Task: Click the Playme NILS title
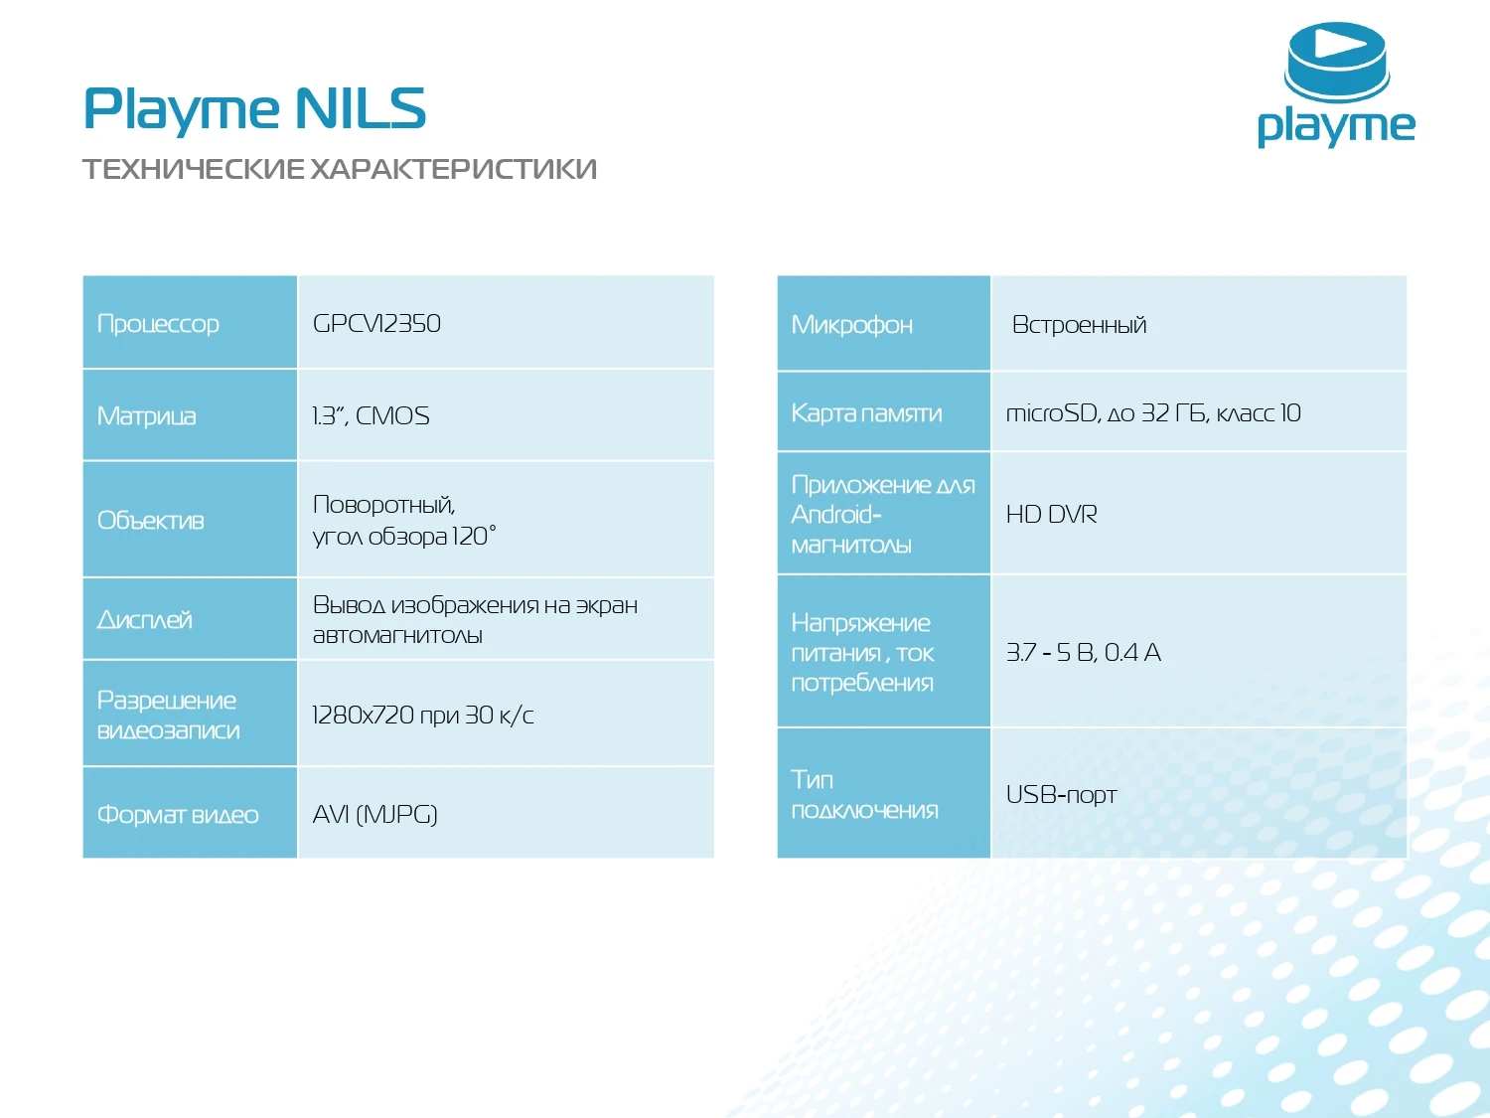[254, 108]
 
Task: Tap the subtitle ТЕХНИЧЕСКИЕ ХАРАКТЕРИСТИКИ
[339, 169]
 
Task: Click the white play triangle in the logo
[1334, 46]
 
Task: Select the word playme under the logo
[1335, 127]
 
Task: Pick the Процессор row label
[158, 324]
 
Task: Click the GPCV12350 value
[376, 324]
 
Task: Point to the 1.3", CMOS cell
[371, 415]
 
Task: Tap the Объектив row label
[150, 520]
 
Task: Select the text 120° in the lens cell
[474, 537]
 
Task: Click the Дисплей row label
[144, 620]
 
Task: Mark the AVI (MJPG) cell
[374, 815]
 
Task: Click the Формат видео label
[177, 815]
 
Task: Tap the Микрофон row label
[851, 325]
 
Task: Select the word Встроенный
[1079, 325]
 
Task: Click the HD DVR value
[1051, 515]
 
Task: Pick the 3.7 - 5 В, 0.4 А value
[1083, 653]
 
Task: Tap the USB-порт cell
[1061, 795]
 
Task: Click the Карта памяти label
[866, 413]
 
